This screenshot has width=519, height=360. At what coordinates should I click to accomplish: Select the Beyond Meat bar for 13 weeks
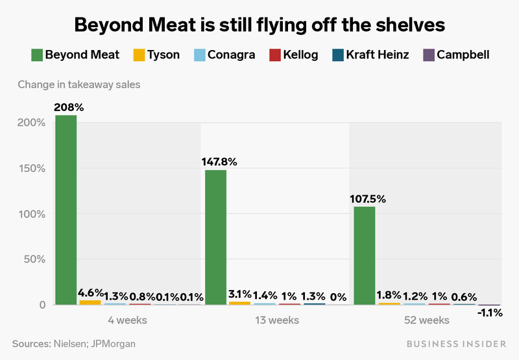click(x=215, y=237)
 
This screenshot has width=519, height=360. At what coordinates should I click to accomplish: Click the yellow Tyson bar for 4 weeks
click(x=90, y=302)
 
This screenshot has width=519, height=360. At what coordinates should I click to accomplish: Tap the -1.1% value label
click(x=490, y=312)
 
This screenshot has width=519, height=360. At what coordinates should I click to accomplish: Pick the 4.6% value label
click(x=91, y=293)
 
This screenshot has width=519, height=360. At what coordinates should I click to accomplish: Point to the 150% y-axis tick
click(x=31, y=169)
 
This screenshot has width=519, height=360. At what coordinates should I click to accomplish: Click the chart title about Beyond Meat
click(x=259, y=25)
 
